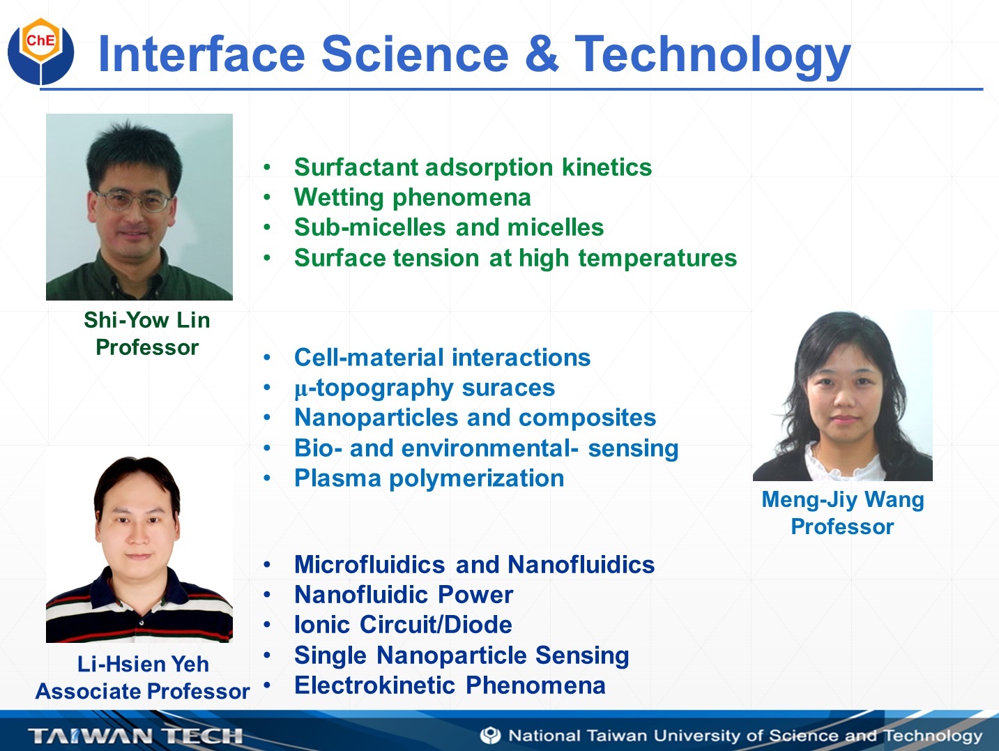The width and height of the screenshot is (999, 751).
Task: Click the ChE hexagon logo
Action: [x=41, y=51]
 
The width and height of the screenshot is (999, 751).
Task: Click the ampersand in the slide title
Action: [x=541, y=54]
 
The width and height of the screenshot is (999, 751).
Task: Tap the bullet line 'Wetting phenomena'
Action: [x=412, y=197]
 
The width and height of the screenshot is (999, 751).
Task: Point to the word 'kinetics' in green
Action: [x=607, y=167]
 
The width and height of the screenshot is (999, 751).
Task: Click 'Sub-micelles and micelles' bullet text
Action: [x=449, y=227]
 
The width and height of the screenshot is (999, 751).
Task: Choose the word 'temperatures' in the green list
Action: [x=657, y=259]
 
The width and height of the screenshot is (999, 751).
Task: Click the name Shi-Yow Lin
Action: [x=146, y=320]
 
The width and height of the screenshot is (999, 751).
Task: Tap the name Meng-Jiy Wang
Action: [x=843, y=500]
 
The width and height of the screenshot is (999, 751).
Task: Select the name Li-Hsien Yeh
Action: [x=143, y=664]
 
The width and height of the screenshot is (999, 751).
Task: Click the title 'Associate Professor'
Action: [x=142, y=691]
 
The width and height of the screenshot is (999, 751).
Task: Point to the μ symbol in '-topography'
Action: [x=301, y=390]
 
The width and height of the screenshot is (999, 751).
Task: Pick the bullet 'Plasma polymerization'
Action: [x=429, y=479]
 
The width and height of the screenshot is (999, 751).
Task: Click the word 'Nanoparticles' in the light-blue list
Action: [x=376, y=418]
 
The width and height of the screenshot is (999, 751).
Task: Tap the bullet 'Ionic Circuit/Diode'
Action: [x=403, y=625]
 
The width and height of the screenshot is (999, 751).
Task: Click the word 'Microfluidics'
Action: [x=369, y=564]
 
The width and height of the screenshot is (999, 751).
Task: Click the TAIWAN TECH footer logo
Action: [x=135, y=736]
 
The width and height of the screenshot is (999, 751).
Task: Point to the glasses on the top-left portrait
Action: [x=132, y=200]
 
